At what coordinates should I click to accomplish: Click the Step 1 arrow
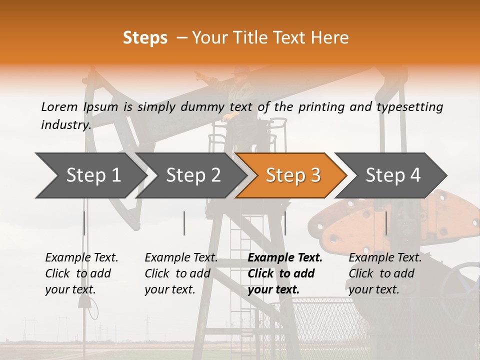pyautogui.click(x=90, y=175)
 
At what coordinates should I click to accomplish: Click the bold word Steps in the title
pyautogui.click(x=145, y=37)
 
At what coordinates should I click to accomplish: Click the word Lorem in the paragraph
pyautogui.click(x=59, y=106)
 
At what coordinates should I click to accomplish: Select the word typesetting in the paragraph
pyautogui.click(x=413, y=106)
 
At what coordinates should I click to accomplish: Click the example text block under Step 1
pyautogui.click(x=81, y=273)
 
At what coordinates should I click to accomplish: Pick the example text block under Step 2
pyautogui.click(x=181, y=273)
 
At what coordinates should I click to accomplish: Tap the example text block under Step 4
pyautogui.click(x=385, y=273)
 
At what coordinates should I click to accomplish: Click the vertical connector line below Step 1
pyautogui.click(x=84, y=223)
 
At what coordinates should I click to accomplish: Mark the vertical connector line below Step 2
pyautogui.click(x=184, y=223)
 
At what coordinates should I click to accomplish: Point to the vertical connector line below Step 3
pyautogui.click(x=285, y=223)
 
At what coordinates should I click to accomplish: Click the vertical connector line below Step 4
pyautogui.click(x=386, y=223)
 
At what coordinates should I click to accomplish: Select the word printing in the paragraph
pyautogui.click(x=321, y=106)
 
